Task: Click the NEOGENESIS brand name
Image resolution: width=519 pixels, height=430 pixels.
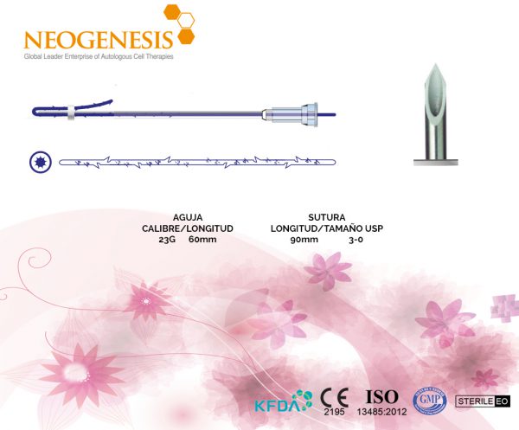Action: pyautogui.click(x=99, y=40)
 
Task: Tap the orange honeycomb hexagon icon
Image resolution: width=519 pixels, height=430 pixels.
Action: pyautogui.click(x=179, y=24)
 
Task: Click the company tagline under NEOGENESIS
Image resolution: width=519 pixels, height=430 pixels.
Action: pyautogui.click(x=99, y=56)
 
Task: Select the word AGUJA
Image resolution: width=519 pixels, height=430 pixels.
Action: pyautogui.click(x=188, y=217)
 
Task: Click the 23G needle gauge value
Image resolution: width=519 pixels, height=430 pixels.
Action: pyautogui.click(x=167, y=240)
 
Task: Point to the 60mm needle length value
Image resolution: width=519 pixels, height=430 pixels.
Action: pyautogui.click(x=202, y=240)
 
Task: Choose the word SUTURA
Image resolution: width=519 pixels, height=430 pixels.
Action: pyautogui.click(x=327, y=217)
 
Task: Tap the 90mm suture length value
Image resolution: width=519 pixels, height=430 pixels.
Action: pyautogui.click(x=304, y=240)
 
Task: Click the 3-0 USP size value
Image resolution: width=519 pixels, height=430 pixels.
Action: pyautogui.click(x=356, y=240)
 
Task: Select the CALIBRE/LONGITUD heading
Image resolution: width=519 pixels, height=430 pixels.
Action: pyautogui.click(x=188, y=228)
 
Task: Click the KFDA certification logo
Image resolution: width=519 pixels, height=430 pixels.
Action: pyautogui.click(x=284, y=401)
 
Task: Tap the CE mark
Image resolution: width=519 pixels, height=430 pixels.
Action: pyautogui.click(x=334, y=398)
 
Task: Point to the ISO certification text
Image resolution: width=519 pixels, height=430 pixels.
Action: pyautogui.click(x=381, y=396)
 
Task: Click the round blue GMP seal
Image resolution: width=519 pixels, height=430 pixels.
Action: pyautogui.click(x=430, y=401)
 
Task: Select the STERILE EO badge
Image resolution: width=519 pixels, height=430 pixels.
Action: pyautogui.click(x=483, y=401)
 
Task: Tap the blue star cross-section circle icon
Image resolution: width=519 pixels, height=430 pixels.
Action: pyautogui.click(x=41, y=162)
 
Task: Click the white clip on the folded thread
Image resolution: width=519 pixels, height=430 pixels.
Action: pyautogui.click(x=71, y=112)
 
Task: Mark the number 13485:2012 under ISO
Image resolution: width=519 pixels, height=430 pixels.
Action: pyautogui.click(x=381, y=412)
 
